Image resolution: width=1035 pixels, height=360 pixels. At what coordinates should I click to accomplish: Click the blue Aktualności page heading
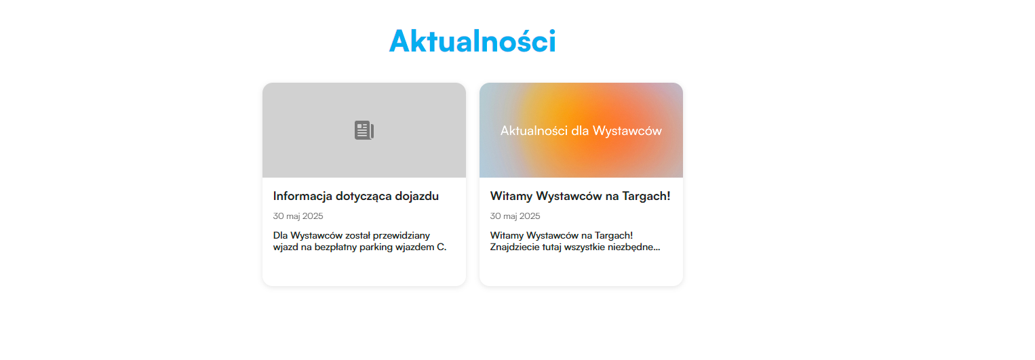click(x=472, y=41)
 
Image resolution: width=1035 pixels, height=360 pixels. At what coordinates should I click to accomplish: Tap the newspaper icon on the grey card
click(x=364, y=130)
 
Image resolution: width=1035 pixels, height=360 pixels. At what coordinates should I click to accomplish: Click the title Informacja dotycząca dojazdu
click(x=356, y=196)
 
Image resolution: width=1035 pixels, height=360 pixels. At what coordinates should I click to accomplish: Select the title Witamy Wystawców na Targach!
click(x=580, y=196)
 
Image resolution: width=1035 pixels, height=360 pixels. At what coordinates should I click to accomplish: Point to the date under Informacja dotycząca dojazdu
click(x=298, y=216)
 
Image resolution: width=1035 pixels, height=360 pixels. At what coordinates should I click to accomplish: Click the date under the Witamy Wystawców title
click(x=515, y=216)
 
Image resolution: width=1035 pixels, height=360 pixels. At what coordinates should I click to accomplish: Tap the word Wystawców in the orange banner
click(x=627, y=131)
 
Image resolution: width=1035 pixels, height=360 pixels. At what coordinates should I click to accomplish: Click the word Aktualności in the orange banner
click(x=534, y=131)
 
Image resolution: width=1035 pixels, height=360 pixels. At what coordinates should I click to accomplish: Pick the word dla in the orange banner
click(x=580, y=131)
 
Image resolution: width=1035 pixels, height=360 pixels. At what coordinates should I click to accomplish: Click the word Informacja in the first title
click(x=302, y=196)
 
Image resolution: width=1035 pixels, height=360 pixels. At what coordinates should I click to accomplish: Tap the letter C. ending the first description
click(x=442, y=247)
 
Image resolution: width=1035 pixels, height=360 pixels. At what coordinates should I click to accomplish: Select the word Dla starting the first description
click(x=281, y=235)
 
